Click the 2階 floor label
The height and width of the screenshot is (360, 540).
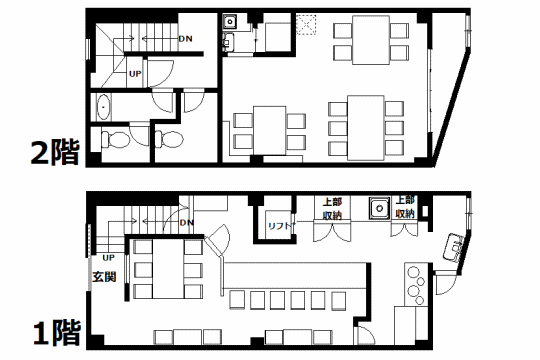coord(55,152)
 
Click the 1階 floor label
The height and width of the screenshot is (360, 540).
coord(57,333)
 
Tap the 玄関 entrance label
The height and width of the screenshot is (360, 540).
coord(104,277)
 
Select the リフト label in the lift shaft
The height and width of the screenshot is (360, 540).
coord(280,226)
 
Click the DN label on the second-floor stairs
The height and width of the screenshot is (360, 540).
coord(185,39)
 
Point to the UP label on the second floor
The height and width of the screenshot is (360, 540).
coord(135,74)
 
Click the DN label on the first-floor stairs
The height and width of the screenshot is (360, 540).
coord(187,223)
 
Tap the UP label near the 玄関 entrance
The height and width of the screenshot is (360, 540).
coord(108,257)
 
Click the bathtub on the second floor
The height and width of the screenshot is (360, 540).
coord(103,107)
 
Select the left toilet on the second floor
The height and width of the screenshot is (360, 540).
coord(115,139)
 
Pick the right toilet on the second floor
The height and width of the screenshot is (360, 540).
coord(169,139)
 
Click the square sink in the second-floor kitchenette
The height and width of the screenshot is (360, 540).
coord(229,22)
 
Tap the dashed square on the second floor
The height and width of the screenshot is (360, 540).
coord(305,24)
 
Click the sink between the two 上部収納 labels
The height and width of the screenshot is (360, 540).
coord(380,208)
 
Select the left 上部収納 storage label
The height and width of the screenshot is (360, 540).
coord(332,208)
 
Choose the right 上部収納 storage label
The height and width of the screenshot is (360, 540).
coord(405,207)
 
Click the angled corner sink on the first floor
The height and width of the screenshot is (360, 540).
coord(454,247)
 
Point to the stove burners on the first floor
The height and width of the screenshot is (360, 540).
coord(416,286)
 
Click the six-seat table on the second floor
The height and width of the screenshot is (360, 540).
coord(366,128)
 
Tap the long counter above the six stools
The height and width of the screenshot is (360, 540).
coord(296,276)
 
